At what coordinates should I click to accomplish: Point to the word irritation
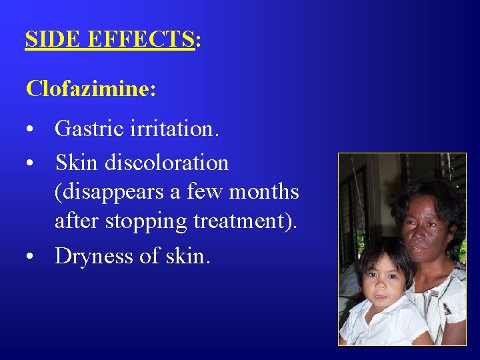178,128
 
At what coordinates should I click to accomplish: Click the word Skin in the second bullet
75,163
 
